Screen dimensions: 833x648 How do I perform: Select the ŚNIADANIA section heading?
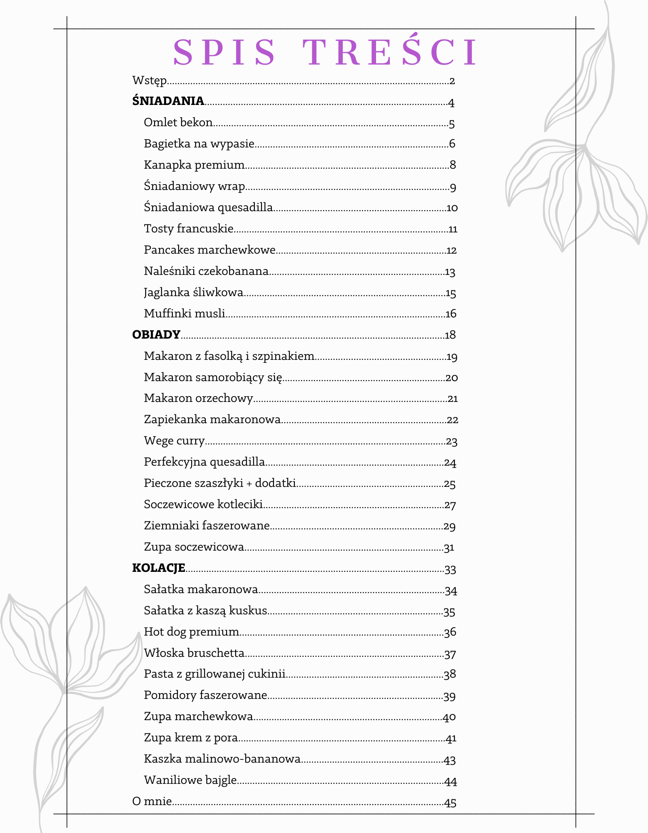click(168, 101)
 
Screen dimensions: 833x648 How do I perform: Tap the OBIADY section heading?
click(156, 334)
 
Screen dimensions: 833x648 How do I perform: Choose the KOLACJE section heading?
click(158, 568)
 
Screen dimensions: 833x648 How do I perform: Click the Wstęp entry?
click(150, 80)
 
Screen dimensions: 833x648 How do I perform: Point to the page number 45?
click(450, 802)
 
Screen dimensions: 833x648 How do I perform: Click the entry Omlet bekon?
click(178, 122)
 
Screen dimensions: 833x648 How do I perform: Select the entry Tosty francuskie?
click(188, 228)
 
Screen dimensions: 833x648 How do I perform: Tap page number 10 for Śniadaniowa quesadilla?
click(452, 207)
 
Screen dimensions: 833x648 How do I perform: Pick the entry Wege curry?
click(174, 440)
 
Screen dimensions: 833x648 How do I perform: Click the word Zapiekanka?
click(175, 419)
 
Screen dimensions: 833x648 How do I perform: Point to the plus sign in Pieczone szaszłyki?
click(249, 483)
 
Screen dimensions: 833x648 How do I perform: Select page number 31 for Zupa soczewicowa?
click(449, 547)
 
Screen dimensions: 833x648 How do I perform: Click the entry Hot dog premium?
click(191, 631)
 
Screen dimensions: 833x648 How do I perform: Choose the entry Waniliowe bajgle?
click(190, 780)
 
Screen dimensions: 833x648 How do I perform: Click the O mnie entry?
click(152, 801)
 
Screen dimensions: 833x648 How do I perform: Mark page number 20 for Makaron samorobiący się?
click(451, 377)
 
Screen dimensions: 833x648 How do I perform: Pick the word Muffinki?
click(164, 313)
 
